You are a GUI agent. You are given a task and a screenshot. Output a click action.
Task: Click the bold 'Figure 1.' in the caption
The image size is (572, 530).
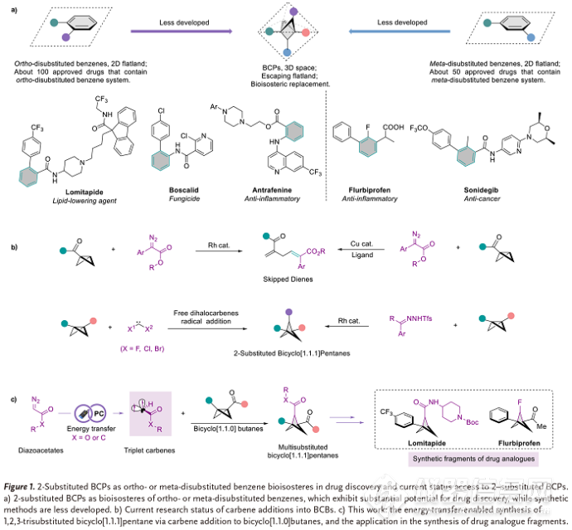(x=27, y=482)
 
